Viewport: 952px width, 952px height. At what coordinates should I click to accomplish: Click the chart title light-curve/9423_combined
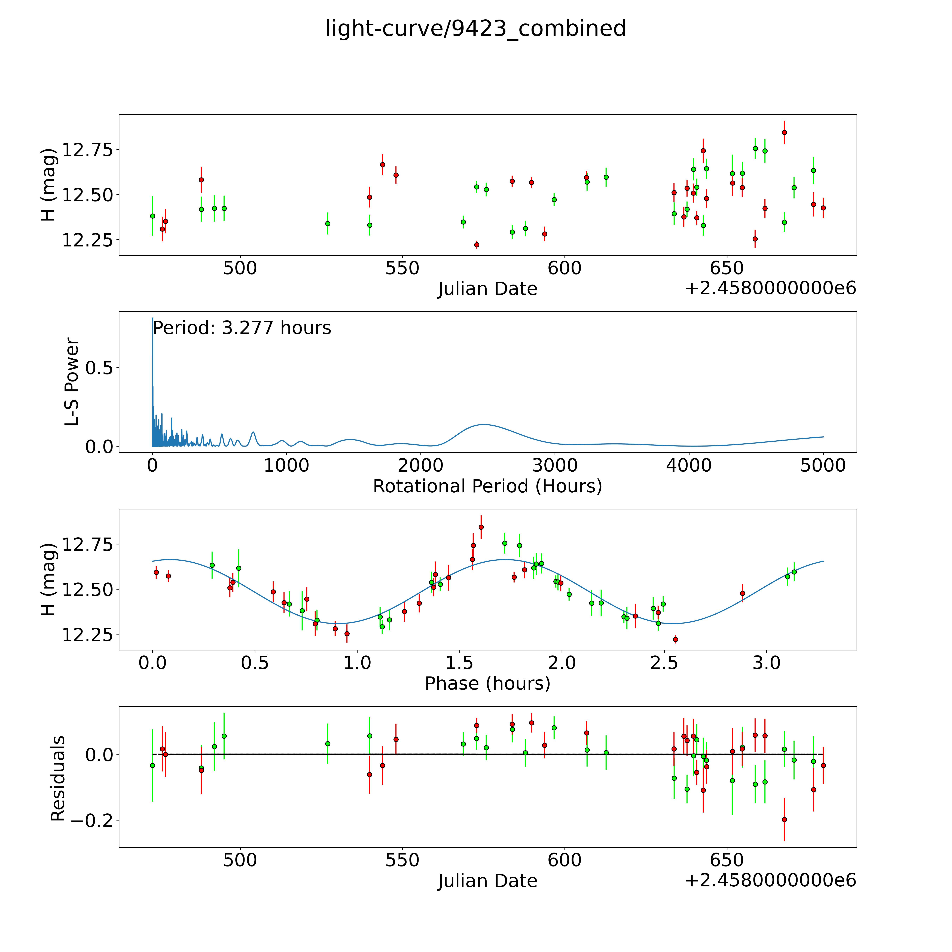[x=475, y=29]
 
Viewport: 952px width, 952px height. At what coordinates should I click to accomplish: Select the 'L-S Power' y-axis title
[x=72, y=382]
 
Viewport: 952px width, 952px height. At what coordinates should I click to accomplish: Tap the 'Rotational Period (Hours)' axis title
[x=487, y=486]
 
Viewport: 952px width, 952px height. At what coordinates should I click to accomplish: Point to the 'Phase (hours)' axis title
[x=487, y=684]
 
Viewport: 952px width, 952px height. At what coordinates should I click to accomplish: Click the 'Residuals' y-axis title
[x=58, y=779]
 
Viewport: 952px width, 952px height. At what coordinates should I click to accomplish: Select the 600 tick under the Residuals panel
[x=565, y=860]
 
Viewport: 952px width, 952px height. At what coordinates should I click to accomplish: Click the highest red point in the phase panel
[x=481, y=527]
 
